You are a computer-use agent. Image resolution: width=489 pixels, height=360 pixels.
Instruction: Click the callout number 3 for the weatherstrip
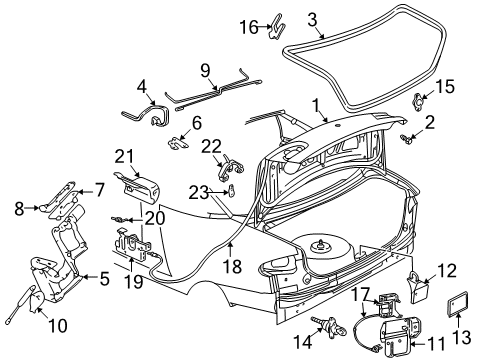313,18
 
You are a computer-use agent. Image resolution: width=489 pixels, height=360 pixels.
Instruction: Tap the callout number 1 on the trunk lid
317,103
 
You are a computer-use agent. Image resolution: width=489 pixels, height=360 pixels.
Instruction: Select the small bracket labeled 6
177,143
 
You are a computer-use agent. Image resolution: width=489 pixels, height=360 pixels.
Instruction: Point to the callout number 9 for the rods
206,69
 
